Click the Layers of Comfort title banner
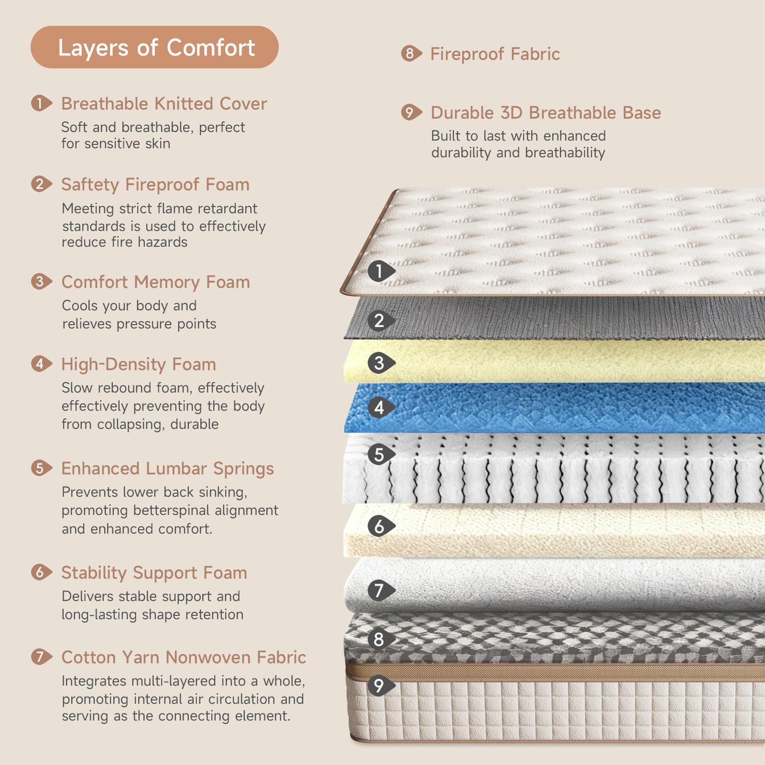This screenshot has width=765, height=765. point(154,47)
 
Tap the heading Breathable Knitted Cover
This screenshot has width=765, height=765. point(164,104)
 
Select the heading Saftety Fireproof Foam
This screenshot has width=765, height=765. point(155,185)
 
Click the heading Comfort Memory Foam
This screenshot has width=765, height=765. point(156,282)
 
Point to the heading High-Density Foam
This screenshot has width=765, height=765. point(139,364)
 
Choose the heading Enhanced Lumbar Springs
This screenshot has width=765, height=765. point(168,469)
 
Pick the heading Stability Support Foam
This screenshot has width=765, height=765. point(154,573)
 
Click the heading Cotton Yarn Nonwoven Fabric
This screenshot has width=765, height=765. point(184,657)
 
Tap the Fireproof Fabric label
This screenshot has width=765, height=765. point(495,54)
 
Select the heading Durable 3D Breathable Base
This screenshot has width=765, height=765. point(546,113)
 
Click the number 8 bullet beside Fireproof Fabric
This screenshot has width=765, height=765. point(411,54)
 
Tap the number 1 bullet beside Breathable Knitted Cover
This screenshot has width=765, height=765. point(42,103)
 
